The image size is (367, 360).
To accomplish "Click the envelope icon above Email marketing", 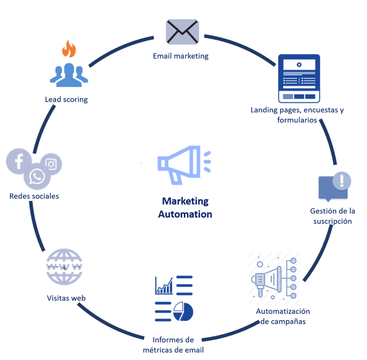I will point(183,32).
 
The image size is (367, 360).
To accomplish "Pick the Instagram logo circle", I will point(51,164).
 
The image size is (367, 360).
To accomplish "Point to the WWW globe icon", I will point(64,267).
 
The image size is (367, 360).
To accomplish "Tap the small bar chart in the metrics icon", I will point(164,286).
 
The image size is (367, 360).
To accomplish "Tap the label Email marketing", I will point(181,56).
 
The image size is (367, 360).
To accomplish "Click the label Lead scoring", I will point(66,99).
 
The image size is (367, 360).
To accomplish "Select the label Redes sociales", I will point(34,196).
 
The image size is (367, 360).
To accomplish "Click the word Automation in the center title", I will point(185,214).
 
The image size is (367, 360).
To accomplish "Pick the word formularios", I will point(297,120).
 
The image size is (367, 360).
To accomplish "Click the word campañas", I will point(288,322).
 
